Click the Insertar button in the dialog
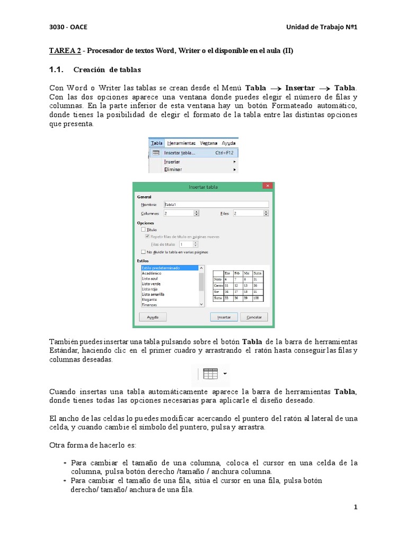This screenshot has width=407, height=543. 224,317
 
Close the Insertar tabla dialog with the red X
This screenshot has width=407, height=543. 268,187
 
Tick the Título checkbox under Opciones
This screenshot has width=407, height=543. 143,230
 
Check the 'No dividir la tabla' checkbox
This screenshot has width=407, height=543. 143,252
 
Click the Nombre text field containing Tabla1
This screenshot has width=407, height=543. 216,204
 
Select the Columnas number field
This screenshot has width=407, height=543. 178,213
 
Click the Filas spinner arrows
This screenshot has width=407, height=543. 266,213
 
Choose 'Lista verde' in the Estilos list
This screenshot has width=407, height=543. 151,284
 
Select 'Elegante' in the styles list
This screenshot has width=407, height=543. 149,299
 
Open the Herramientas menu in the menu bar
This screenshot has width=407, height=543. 181,143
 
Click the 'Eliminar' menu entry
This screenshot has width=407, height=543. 173,169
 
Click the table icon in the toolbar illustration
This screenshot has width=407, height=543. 210,373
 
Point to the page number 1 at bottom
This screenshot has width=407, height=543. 356,507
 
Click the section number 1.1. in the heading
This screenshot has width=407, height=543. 56,69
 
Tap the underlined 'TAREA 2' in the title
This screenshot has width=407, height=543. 65,51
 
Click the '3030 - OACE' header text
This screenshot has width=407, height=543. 68,28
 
